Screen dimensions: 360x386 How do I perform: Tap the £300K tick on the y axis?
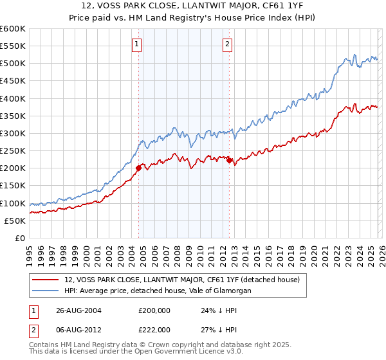pyautogui.click(x=13, y=133)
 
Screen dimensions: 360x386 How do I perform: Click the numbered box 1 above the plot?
pyautogui.click(x=137, y=44)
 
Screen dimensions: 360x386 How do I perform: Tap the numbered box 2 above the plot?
pyautogui.click(x=227, y=44)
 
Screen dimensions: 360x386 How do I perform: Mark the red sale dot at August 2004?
pyautogui.click(x=139, y=168)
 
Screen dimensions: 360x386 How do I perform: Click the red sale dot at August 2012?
pyautogui.click(x=229, y=161)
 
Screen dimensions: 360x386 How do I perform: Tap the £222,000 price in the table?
pyautogui.click(x=154, y=329)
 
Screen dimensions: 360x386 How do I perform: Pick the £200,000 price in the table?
pyautogui.click(x=154, y=310)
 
